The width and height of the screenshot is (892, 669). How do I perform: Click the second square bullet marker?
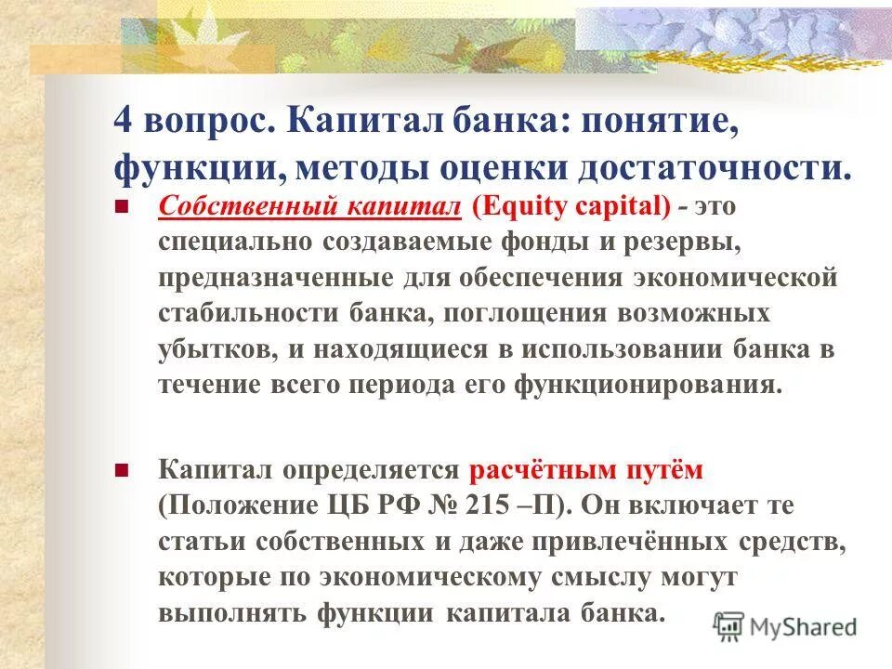pyautogui.click(x=120, y=470)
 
